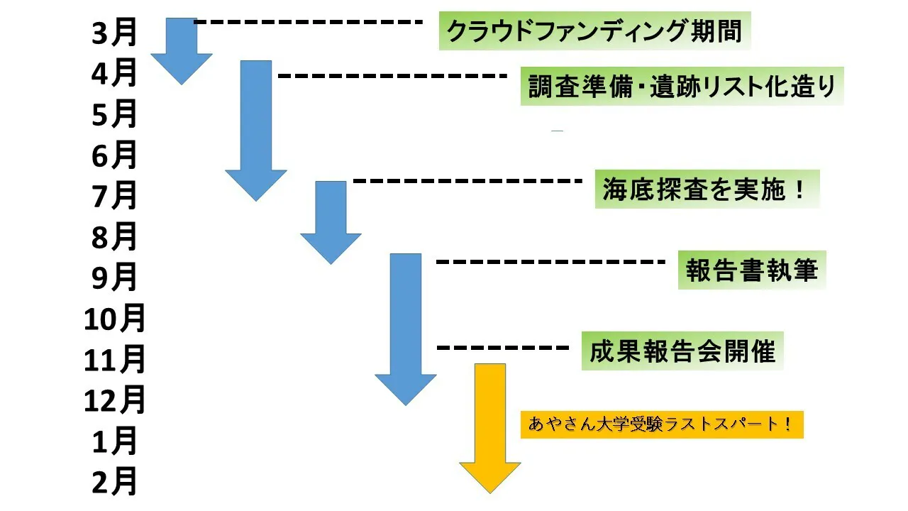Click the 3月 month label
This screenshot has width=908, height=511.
(x=113, y=33)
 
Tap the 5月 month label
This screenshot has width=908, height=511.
(x=113, y=114)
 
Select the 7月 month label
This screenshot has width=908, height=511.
(x=113, y=196)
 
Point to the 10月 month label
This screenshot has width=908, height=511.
(x=114, y=319)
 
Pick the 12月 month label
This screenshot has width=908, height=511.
(x=114, y=401)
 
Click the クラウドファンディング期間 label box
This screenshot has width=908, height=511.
(x=594, y=31)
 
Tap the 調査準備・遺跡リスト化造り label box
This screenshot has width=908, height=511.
(x=682, y=87)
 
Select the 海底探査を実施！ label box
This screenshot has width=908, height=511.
(x=707, y=189)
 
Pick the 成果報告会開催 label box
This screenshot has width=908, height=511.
(x=682, y=351)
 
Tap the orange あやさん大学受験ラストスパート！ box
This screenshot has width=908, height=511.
(x=662, y=424)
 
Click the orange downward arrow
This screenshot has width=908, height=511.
(x=490, y=426)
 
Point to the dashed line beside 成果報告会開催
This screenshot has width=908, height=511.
(x=503, y=348)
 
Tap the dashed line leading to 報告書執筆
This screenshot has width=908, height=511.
(x=550, y=262)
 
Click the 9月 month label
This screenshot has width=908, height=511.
(x=113, y=278)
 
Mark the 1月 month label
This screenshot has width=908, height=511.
(x=113, y=442)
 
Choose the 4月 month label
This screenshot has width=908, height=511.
(x=113, y=73)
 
